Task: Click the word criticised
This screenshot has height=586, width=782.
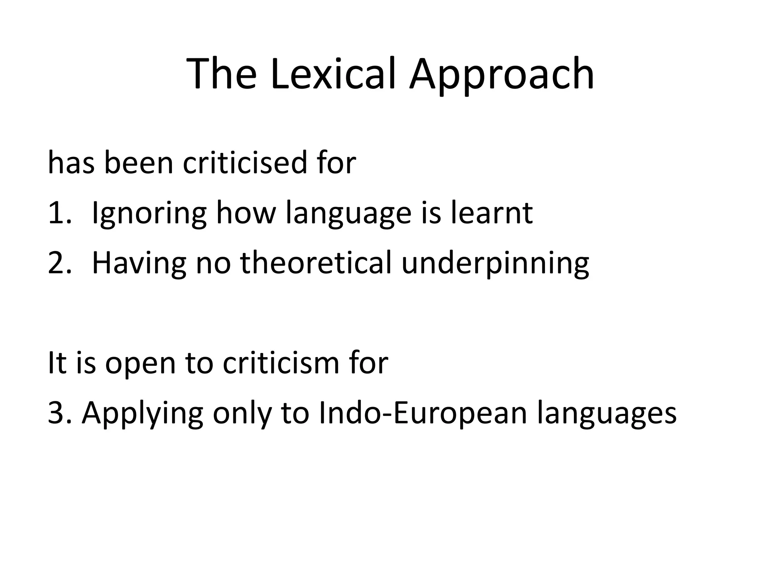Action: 245,163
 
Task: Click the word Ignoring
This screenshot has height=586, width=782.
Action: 149,214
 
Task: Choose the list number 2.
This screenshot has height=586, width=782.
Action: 59,263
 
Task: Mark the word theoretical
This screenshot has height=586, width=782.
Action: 316,263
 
